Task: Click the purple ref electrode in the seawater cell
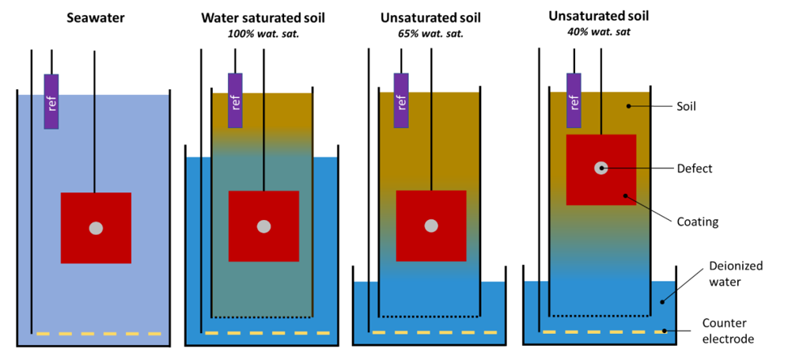click(x=51, y=101)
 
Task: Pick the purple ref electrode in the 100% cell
click(x=235, y=100)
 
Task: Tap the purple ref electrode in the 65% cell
click(x=401, y=100)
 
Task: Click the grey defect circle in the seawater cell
click(x=96, y=228)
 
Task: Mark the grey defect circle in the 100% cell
click(x=263, y=226)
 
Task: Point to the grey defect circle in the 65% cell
click(x=431, y=226)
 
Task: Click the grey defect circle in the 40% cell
click(x=601, y=168)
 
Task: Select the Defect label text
click(x=694, y=169)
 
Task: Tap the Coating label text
click(x=697, y=222)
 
